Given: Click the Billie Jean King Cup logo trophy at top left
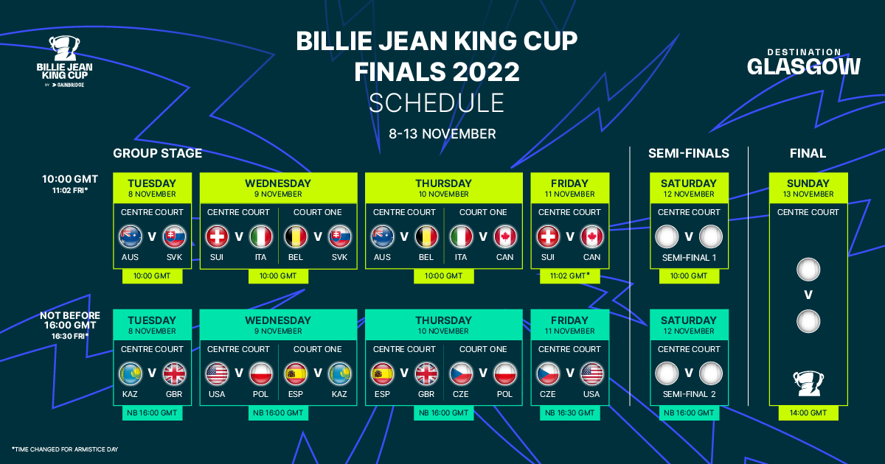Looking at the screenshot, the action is pos(64,48).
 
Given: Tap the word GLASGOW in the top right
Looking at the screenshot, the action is pos(803,67).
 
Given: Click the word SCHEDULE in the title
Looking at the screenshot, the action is pos(437,102).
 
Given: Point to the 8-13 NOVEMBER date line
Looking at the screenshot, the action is pos(442,134).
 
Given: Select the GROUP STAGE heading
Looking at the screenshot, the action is pos(157,153).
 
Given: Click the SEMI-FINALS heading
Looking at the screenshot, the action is pos(689,153).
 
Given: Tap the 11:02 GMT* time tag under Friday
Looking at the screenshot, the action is pos(569,275).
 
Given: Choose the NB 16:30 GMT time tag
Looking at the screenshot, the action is pos(569,412).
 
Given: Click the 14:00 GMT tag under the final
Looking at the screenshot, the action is pos(808,412).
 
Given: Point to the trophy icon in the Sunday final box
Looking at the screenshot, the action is pos(808,383).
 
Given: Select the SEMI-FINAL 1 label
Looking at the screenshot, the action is pos(689,258).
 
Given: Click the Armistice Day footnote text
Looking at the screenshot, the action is pos(65,449).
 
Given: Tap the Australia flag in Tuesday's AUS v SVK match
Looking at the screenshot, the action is pos(131,236).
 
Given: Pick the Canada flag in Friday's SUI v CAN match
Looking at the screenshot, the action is pos(591,236).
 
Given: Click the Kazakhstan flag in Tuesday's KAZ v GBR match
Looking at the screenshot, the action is pos(131,373).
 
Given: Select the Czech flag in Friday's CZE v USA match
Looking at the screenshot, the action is pos(548,373).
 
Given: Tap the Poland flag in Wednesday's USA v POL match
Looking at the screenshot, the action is pos(261,373).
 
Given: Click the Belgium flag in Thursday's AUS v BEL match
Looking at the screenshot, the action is pos(426,236).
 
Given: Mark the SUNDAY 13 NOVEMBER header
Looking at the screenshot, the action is pos(808,188).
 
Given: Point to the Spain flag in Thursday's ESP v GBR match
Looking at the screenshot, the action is pos(383,373).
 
